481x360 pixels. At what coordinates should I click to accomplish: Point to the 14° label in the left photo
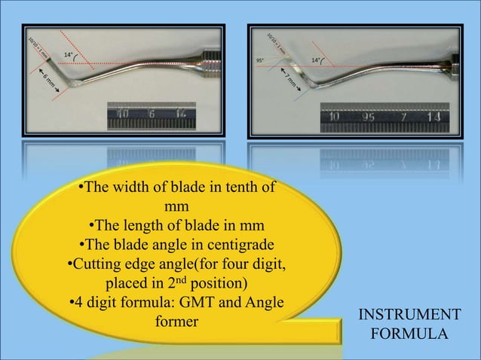(x=69, y=55)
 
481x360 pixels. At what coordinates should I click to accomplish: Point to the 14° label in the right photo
(x=317, y=57)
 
